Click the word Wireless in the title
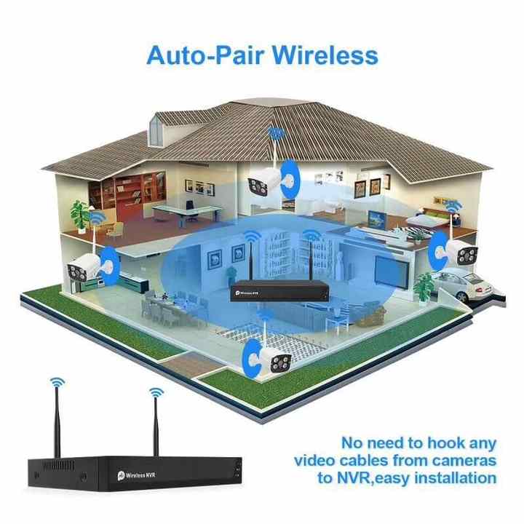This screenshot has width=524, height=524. pos(325,55)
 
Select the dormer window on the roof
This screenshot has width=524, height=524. pos(156,131)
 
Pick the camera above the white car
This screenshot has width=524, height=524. pos(464,253)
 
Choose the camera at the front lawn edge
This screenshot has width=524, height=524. pos(278,360)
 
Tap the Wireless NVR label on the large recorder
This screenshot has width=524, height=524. pos(137,475)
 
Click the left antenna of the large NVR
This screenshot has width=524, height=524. pos(57,422)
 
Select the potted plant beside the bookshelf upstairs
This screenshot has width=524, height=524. pos(80,216)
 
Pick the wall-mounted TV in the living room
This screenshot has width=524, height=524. pos(392,271)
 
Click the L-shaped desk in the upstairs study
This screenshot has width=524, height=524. pos(186,213)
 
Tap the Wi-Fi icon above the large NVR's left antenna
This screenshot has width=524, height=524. pos(57,382)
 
